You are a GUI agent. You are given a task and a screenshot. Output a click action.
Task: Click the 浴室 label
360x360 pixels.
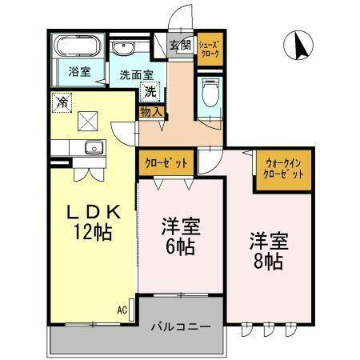click(78, 72)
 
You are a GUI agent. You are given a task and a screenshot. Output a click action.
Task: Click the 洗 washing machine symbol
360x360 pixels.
click(150, 92)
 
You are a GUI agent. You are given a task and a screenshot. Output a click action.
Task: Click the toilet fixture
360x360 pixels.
click(210, 95)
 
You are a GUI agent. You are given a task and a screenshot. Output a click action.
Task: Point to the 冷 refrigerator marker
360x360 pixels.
click(62, 102)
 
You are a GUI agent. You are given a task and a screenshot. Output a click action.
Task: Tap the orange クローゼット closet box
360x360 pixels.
click(166, 162)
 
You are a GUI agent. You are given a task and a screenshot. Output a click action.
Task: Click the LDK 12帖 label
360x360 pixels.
click(92, 222)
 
